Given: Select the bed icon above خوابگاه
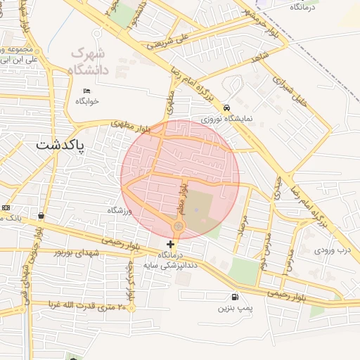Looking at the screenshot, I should point(87,91).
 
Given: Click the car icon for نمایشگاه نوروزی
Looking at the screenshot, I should point(226,108).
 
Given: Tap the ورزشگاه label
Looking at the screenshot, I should point(120,210).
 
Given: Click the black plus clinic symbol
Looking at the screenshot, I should point(170,244).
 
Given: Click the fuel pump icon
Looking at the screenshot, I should point(234,297).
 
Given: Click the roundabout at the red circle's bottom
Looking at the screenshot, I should point(179,226).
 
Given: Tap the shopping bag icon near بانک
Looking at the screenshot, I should point(41,215).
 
